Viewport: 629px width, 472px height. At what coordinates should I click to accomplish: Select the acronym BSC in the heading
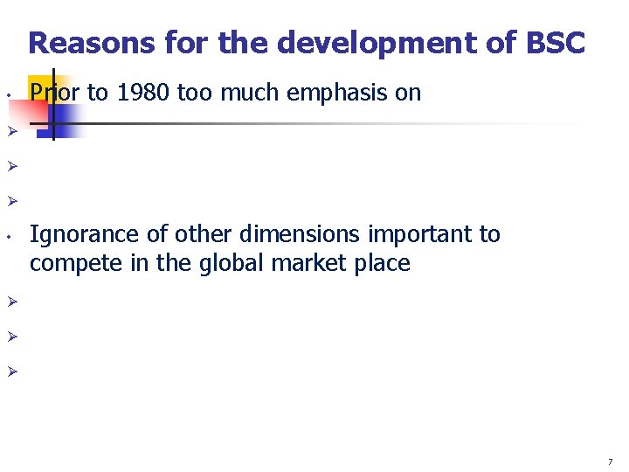pos(555,43)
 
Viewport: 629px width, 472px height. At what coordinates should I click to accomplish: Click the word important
pos(401,234)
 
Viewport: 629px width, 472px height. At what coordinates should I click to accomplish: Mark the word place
pos(382,263)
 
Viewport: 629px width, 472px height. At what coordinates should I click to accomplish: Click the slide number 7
pos(611,461)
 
